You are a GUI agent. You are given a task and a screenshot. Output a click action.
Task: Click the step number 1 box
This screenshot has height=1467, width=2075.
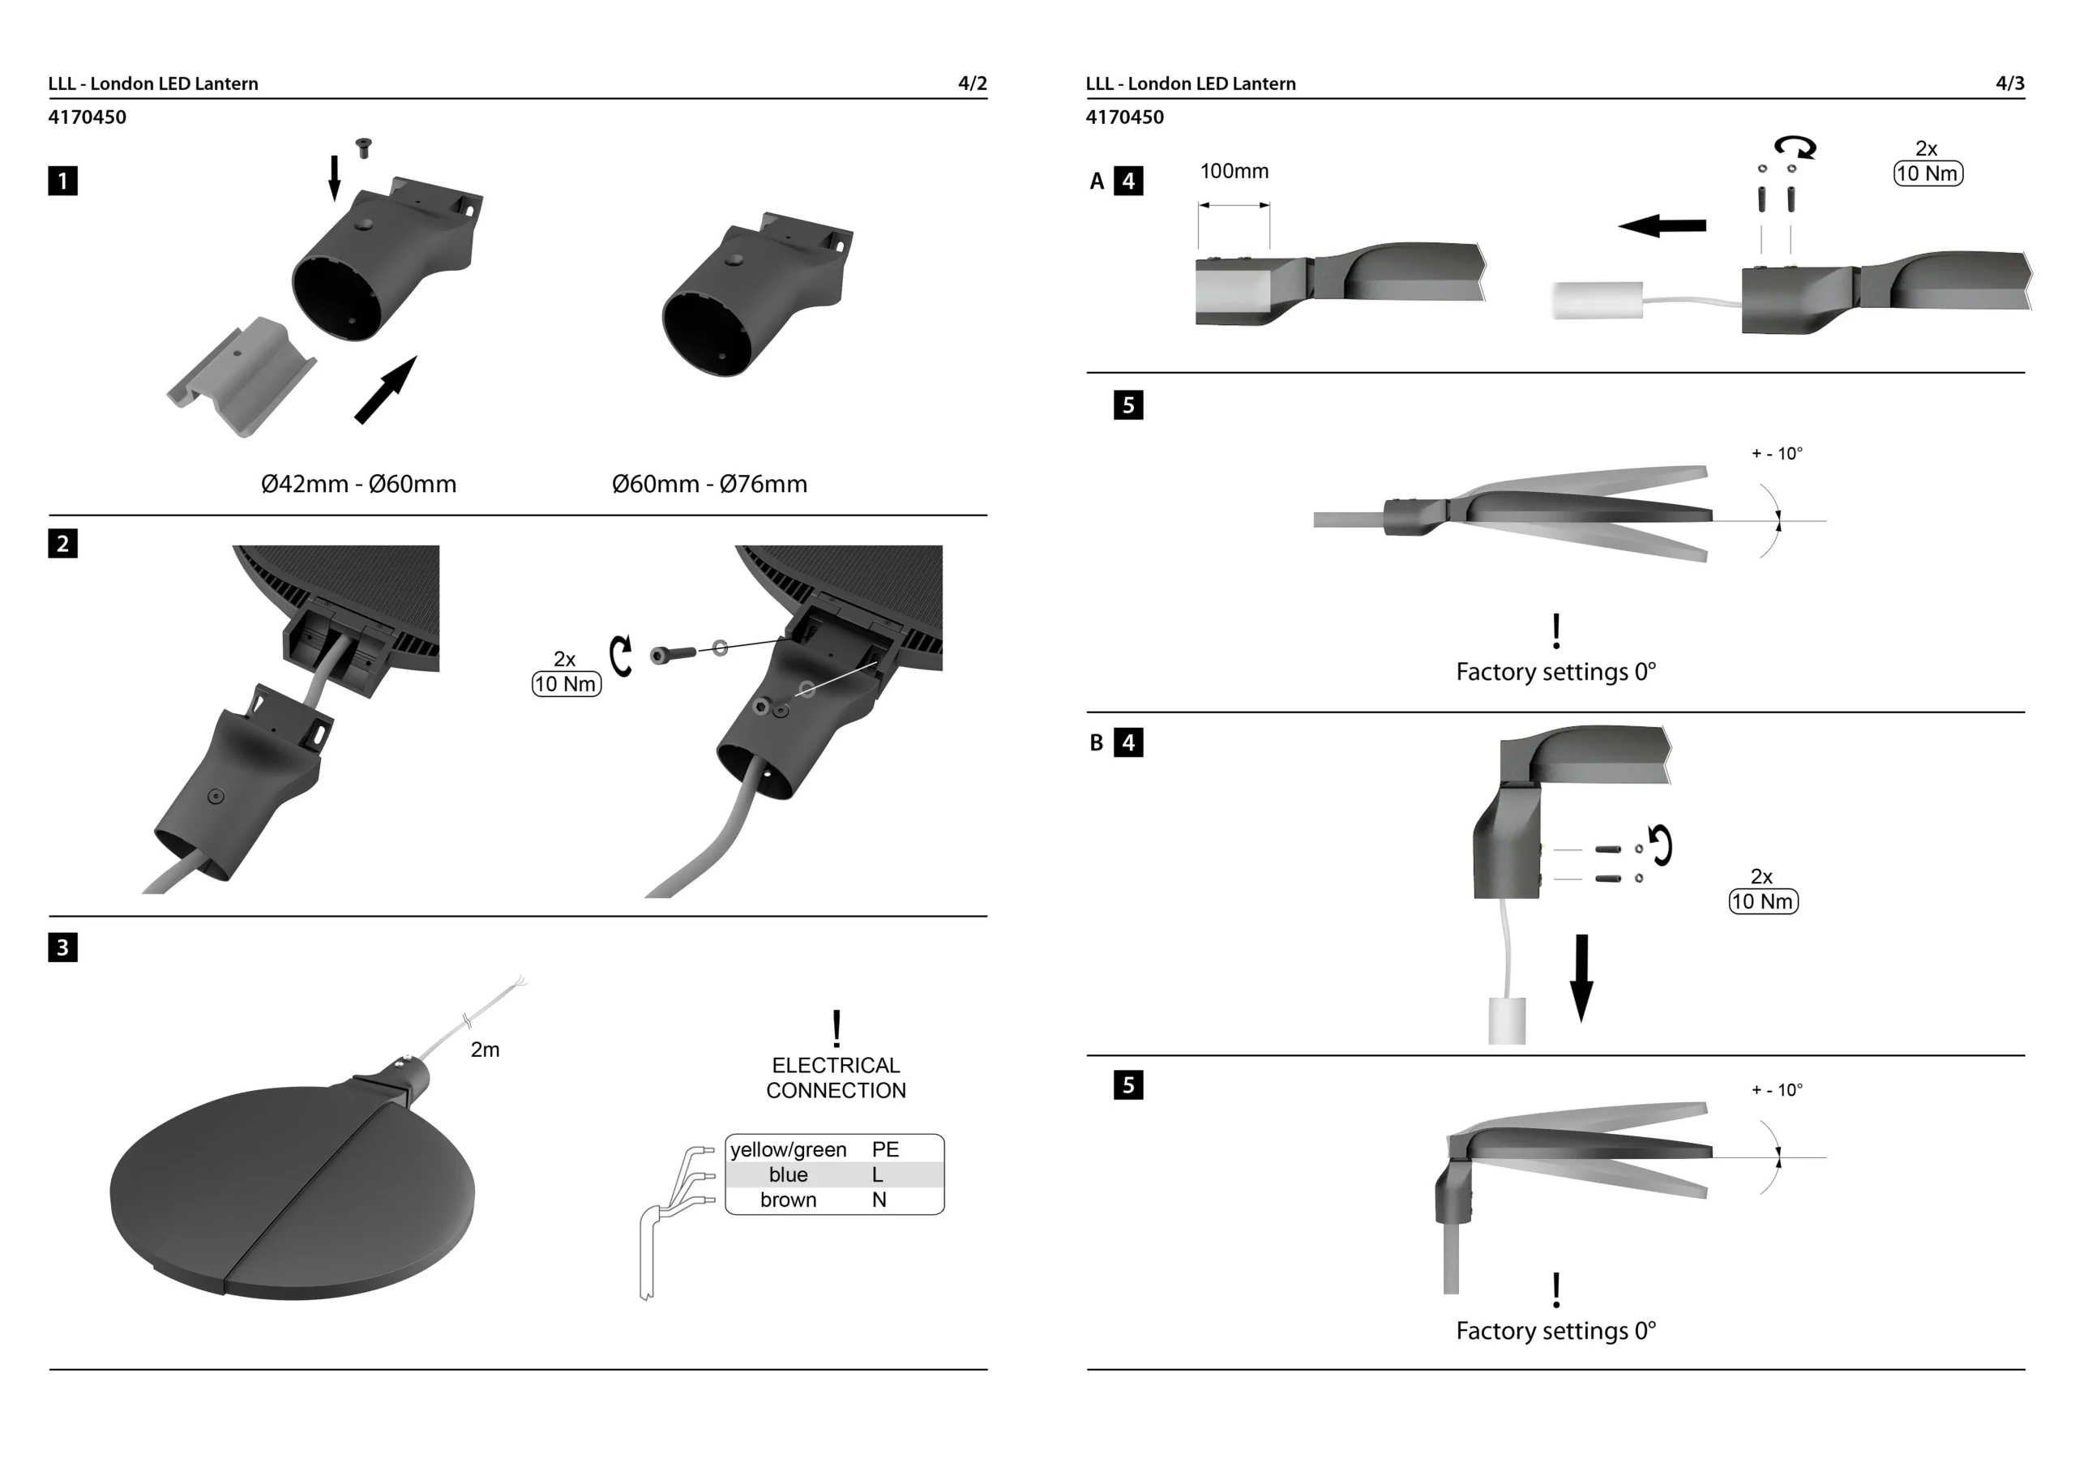tap(62, 181)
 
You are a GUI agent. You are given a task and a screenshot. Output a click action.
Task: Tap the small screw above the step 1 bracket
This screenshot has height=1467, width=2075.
tap(364, 148)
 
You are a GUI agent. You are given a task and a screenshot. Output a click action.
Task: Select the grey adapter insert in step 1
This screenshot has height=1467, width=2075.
tap(242, 374)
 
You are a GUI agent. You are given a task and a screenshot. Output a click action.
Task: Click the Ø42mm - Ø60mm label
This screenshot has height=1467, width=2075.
tap(359, 485)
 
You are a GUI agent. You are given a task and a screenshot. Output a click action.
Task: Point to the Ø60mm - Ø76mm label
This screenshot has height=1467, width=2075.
tap(709, 485)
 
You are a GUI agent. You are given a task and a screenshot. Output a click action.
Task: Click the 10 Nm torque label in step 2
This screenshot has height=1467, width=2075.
tap(566, 684)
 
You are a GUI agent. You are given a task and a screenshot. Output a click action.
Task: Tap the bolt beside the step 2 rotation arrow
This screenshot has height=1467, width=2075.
tap(673, 652)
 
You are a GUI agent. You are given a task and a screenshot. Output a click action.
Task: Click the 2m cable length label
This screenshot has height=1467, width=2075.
tap(486, 1050)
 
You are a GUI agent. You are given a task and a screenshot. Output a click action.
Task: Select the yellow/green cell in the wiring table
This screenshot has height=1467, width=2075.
tap(788, 1150)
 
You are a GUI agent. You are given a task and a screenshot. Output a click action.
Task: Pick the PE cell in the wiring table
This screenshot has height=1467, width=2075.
tap(885, 1150)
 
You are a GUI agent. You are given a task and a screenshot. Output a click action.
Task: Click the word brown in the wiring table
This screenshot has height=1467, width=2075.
tap(788, 1200)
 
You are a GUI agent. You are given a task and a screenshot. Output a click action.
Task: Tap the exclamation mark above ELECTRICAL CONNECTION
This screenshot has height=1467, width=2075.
tap(836, 1029)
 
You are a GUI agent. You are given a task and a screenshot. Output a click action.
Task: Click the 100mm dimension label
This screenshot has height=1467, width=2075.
tap(1234, 172)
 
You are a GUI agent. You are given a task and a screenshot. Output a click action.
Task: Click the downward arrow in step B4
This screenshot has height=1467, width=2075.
tap(1581, 978)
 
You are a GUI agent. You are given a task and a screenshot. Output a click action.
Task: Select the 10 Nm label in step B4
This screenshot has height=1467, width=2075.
tap(1763, 902)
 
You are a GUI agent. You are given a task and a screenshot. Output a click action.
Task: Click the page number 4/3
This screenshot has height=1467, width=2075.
tap(2010, 84)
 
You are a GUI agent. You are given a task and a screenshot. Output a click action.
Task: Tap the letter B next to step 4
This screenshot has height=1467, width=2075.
tap(1096, 743)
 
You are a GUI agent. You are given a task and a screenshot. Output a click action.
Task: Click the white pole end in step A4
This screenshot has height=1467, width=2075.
tap(1597, 301)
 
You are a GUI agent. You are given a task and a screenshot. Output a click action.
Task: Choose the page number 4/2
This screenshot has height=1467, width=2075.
tap(973, 84)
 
